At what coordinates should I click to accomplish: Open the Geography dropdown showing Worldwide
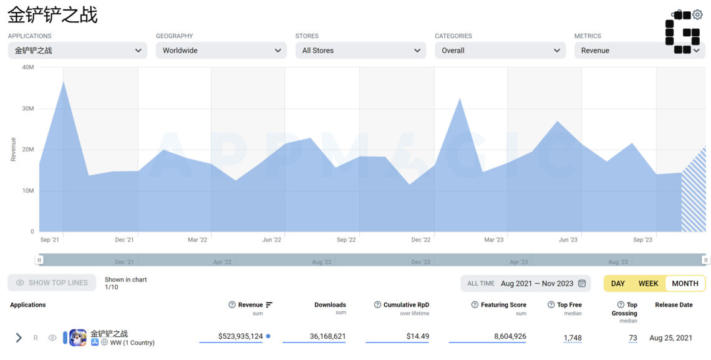point(221,51)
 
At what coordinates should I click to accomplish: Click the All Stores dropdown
point(360,51)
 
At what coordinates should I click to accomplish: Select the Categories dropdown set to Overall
point(500,51)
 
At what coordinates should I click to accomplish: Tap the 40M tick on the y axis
point(27,67)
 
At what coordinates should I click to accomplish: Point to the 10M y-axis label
point(28,191)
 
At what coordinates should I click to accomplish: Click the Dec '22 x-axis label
point(421,240)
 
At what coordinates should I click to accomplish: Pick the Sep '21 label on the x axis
point(49,240)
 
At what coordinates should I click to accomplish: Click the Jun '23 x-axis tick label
point(568,240)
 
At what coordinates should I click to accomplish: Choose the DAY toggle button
point(618,283)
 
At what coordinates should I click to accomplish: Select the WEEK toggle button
point(649,283)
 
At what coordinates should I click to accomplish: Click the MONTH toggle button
point(685,283)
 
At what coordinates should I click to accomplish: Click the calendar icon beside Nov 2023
point(582,283)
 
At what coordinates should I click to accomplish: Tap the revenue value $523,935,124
point(240,336)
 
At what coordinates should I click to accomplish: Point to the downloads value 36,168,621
point(328,336)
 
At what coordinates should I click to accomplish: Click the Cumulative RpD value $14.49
point(418,336)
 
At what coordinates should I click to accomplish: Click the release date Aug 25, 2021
point(671,338)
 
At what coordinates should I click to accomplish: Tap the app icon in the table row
point(78,338)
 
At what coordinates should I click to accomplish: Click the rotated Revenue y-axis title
point(13,149)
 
